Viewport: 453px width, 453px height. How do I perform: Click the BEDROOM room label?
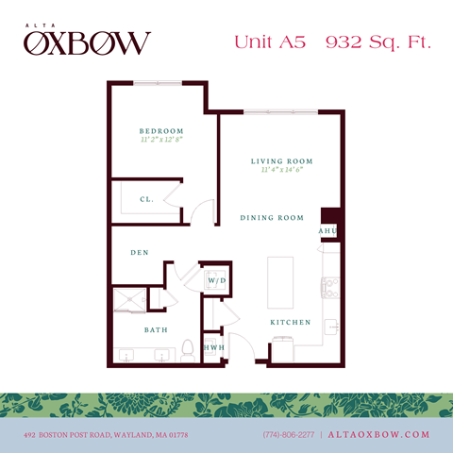pyautogui.click(x=160, y=130)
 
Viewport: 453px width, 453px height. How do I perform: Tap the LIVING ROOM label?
pyautogui.click(x=281, y=161)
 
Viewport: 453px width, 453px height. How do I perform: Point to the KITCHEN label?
pyautogui.click(x=291, y=323)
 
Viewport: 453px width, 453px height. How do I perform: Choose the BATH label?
pyautogui.click(x=156, y=330)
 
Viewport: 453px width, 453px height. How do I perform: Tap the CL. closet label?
pyautogui.click(x=146, y=199)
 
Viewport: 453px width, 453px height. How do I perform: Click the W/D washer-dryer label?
pyautogui.click(x=216, y=281)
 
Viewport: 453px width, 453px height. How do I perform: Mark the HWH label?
pyautogui.click(x=215, y=348)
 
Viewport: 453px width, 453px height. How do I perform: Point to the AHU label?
pyautogui.click(x=327, y=231)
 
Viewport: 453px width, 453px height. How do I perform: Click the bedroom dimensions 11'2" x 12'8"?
pyautogui.click(x=160, y=140)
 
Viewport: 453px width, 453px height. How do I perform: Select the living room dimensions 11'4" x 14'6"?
pyautogui.click(x=281, y=171)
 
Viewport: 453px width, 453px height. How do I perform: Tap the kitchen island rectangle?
pyautogui.click(x=281, y=279)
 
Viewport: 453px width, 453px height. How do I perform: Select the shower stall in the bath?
pyautogui.click(x=128, y=300)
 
